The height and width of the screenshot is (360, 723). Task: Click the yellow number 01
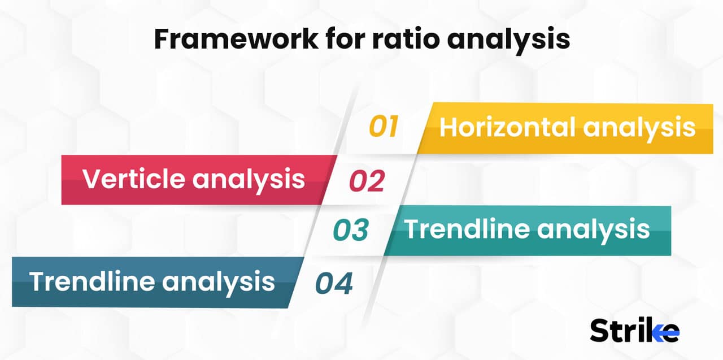[384, 127]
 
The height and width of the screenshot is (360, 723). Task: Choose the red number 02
[367, 181]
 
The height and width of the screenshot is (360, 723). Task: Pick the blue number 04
[334, 283]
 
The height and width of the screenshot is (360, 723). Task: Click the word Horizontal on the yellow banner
[507, 127]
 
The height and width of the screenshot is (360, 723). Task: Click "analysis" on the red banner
[249, 180]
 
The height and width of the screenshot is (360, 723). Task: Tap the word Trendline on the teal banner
[467, 229]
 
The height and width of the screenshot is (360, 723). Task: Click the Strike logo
[634, 331]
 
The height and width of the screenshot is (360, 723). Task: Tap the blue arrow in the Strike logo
[668, 333]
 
